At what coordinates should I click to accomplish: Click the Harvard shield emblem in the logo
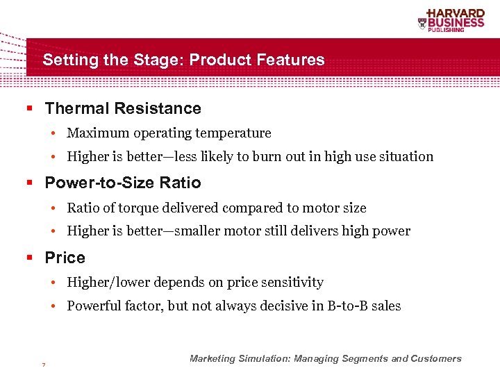click(422, 24)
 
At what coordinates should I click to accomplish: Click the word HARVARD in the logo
click(456, 13)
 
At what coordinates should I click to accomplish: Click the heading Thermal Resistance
click(123, 108)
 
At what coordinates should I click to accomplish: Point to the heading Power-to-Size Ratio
click(123, 183)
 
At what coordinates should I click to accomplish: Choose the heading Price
click(65, 258)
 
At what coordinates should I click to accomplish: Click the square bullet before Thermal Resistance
click(30, 109)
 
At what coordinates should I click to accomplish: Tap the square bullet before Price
click(30, 258)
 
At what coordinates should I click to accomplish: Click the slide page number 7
click(44, 365)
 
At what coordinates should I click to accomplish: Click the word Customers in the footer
click(436, 359)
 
